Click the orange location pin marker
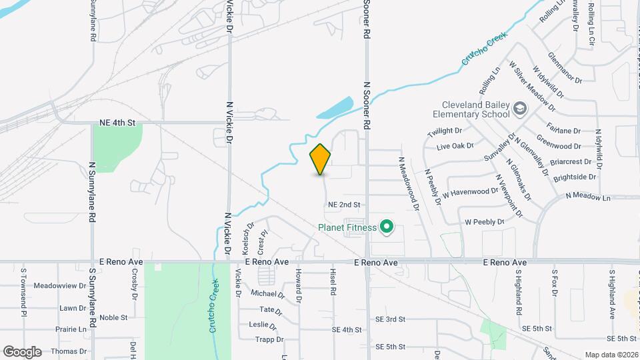point(320,159)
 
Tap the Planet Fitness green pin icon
point(386,228)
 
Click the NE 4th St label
point(117,123)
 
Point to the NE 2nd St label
point(344,205)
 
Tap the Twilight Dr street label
point(445,131)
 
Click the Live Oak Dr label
point(455,145)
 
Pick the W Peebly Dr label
point(485,221)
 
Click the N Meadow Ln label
point(588,197)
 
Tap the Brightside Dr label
point(574,177)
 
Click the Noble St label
point(113,318)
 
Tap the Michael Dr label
point(267,293)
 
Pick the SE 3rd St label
point(387,319)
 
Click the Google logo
point(22,351)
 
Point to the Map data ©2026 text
point(611,355)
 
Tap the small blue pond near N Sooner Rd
point(335,108)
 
